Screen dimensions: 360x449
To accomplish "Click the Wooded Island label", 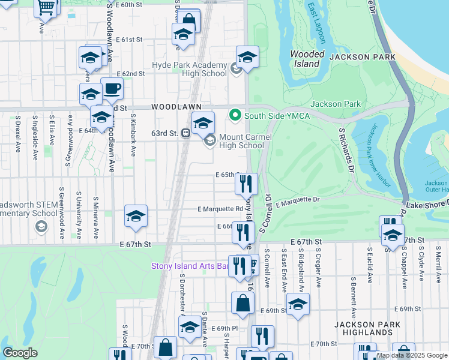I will click(x=307, y=59).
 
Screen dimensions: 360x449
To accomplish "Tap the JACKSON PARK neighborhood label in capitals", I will click(x=363, y=57).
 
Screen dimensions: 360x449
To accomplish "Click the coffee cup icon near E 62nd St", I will click(x=112, y=90).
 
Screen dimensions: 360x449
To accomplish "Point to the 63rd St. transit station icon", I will click(x=186, y=133).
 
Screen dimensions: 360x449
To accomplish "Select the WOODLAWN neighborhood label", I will click(x=176, y=106).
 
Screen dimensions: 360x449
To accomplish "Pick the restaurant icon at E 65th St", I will click(x=246, y=184).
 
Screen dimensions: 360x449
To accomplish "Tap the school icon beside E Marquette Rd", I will click(x=136, y=217).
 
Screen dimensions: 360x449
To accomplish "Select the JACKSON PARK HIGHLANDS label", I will click(x=364, y=328).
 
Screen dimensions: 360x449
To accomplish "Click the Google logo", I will click(x=20, y=353).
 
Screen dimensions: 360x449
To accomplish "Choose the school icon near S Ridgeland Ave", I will click(x=298, y=304).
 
